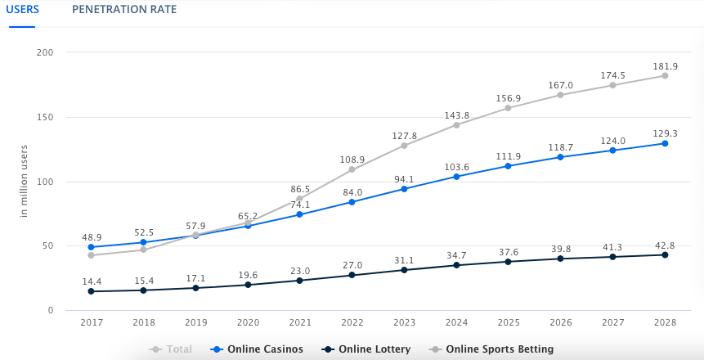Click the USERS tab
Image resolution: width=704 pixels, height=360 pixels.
pyautogui.click(x=22, y=10)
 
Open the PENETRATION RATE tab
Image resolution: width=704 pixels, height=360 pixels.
pyautogui.click(x=124, y=10)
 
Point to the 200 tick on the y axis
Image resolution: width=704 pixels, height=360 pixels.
pyautogui.click(x=45, y=52)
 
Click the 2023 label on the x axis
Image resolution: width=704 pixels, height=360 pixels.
pyautogui.click(x=403, y=323)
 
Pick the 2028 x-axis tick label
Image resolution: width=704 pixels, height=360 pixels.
pyautogui.click(x=665, y=323)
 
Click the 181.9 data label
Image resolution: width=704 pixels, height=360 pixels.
pyautogui.click(x=665, y=65)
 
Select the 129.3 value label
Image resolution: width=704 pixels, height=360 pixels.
pyautogui.click(x=665, y=133)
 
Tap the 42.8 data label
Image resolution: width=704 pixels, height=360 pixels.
pyautogui.click(x=665, y=244)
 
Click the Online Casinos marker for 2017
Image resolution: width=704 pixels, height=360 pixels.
pyautogui.click(x=91, y=247)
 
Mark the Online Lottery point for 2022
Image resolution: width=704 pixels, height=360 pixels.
pyautogui.click(x=352, y=275)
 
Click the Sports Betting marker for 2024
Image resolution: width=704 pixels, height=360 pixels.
pyautogui.click(x=456, y=124)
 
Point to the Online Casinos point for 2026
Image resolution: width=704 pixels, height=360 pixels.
pyautogui.click(x=560, y=157)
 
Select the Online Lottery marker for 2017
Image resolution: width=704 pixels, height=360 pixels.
pyautogui.click(x=91, y=291)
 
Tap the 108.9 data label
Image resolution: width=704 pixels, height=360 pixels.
pyautogui.click(x=352, y=159)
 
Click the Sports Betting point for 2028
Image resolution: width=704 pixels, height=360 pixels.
pyautogui.click(x=665, y=75)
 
